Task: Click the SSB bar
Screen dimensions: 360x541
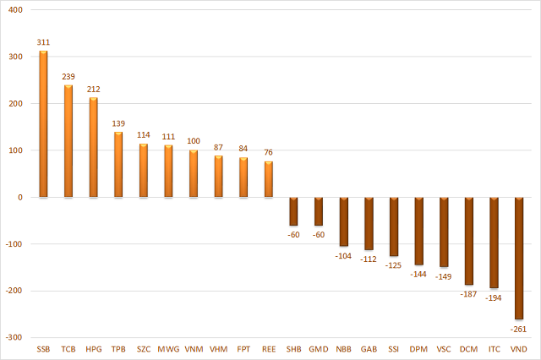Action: pyautogui.click(x=43, y=124)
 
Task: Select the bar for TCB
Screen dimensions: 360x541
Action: pyautogui.click(x=68, y=141)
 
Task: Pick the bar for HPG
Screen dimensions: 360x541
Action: pyautogui.click(x=93, y=148)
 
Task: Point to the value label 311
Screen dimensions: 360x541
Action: pyautogui.click(x=43, y=41)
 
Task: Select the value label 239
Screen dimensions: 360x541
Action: pyautogui.click(x=68, y=75)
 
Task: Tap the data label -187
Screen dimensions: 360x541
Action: pyautogui.click(x=468, y=293)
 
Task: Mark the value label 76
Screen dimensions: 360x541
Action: pyautogui.click(x=269, y=152)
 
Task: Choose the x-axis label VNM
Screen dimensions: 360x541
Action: pyautogui.click(x=194, y=349)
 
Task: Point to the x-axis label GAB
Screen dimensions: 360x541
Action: pyautogui.click(x=369, y=349)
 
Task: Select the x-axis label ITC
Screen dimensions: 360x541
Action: pyautogui.click(x=494, y=349)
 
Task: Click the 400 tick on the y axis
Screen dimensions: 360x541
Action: pyautogui.click(x=16, y=10)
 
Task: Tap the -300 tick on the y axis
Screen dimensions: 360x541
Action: pyautogui.click(x=14, y=337)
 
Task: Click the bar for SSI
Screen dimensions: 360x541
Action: pyautogui.click(x=394, y=226)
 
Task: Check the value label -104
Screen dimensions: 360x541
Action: pyautogui.click(x=343, y=254)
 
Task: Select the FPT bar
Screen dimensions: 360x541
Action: pyautogui.click(x=243, y=177)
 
